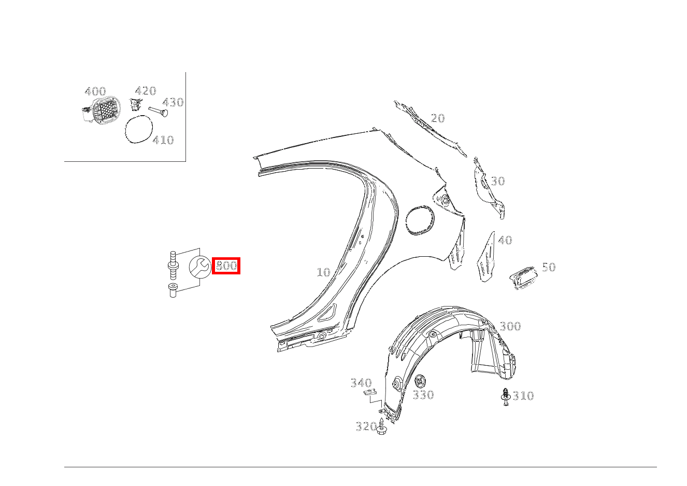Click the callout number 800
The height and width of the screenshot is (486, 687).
click(x=226, y=266)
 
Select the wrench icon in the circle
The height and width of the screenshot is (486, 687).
click(x=199, y=266)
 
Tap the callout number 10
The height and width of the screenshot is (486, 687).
click(x=323, y=272)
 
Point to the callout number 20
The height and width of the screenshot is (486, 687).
click(x=438, y=118)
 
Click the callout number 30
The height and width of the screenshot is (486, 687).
click(x=498, y=181)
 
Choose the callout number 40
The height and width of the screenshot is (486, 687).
click(x=505, y=240)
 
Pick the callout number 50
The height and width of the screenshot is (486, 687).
click(x=549, y=267)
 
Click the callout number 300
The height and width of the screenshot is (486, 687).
click(x=510, y=326)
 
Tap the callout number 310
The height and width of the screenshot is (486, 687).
click(x=523, y=396)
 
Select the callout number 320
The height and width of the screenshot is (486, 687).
click(x=366, y=426)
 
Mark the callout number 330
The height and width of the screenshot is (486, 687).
click(x=423, y=395)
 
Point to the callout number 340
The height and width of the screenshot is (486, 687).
click(x=361, y=383)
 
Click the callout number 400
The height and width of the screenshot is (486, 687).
click(x=95, y=92)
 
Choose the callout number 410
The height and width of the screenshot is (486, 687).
click(x=163, y=140)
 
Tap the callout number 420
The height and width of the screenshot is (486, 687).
click(x=146, y=91)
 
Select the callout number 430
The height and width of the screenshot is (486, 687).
click(x=173, y=102)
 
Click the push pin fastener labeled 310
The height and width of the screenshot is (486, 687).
click(x=505, y=396)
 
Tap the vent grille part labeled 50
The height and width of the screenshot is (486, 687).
click(x=524, y=276)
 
